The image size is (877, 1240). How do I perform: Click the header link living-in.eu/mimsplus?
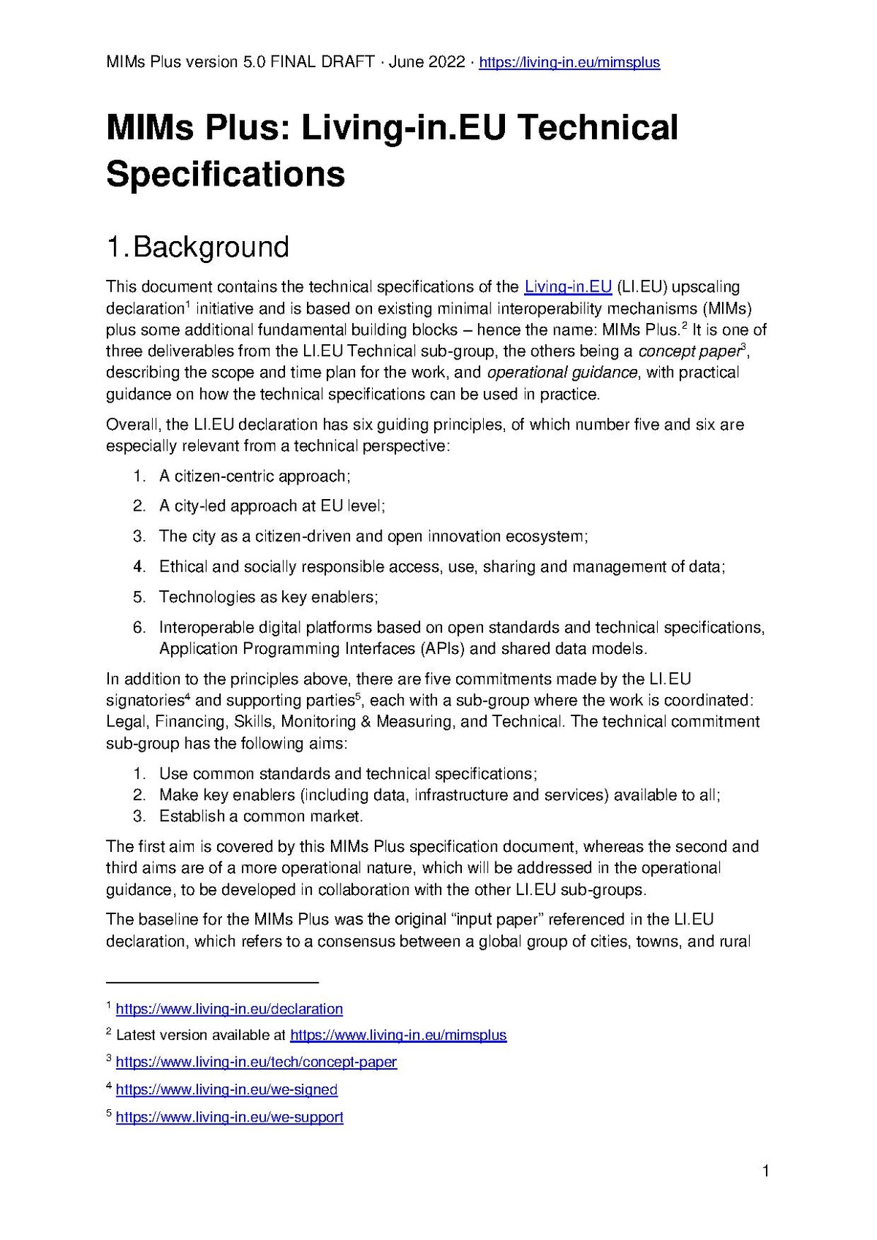[569, 62]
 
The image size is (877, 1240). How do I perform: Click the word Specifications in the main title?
[225, 174]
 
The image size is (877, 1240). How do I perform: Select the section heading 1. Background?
[198, 247]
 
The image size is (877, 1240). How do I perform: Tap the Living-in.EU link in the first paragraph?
[568, 286]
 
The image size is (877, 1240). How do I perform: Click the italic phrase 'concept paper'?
[688, 351]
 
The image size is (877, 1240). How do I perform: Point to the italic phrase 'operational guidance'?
[562, 373]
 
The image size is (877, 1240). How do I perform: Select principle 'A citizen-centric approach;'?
[255, 476]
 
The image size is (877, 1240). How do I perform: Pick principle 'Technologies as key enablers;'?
[268, 597]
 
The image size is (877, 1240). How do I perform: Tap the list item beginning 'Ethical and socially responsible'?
[441, 567]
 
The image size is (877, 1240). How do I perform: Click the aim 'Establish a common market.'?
[261, 816]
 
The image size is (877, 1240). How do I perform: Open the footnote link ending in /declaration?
[229, 1009]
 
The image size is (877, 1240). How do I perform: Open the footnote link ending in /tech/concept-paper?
[256, 1062]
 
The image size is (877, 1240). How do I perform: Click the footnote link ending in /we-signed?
[227, 1089]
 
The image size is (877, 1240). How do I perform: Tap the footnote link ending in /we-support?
[229, 1117]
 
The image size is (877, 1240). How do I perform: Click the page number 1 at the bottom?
[765, 1172]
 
